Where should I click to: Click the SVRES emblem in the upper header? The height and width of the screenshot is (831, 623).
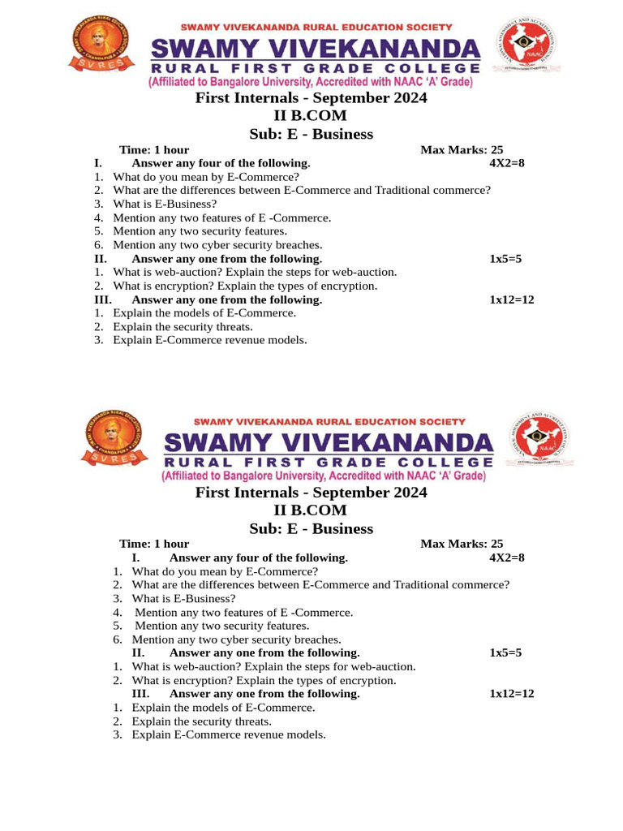pos(100,44)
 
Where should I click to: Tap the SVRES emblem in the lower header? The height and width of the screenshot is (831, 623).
pos(113,438)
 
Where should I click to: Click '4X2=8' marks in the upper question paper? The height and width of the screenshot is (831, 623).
pos(507,163)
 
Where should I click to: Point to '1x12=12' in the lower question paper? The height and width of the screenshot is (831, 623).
pos(512,694)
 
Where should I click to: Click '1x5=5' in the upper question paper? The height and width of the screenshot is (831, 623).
pos(505,259)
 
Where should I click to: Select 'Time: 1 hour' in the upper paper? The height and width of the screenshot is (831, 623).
pos(154,149)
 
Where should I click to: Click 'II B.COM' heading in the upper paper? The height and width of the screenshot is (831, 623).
pos(311,116)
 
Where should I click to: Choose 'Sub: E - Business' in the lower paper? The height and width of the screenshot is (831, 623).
pos(311,529)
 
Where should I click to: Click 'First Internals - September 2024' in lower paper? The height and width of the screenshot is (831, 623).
pos(311,493)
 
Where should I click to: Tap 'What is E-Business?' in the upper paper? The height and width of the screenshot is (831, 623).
pos(165,204)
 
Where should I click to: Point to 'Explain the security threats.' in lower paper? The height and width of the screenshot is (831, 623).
pos(201,721)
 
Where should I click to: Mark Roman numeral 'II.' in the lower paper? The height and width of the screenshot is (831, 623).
pos(138,652)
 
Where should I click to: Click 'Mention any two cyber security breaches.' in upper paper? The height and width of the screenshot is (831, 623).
pos(217,245)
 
